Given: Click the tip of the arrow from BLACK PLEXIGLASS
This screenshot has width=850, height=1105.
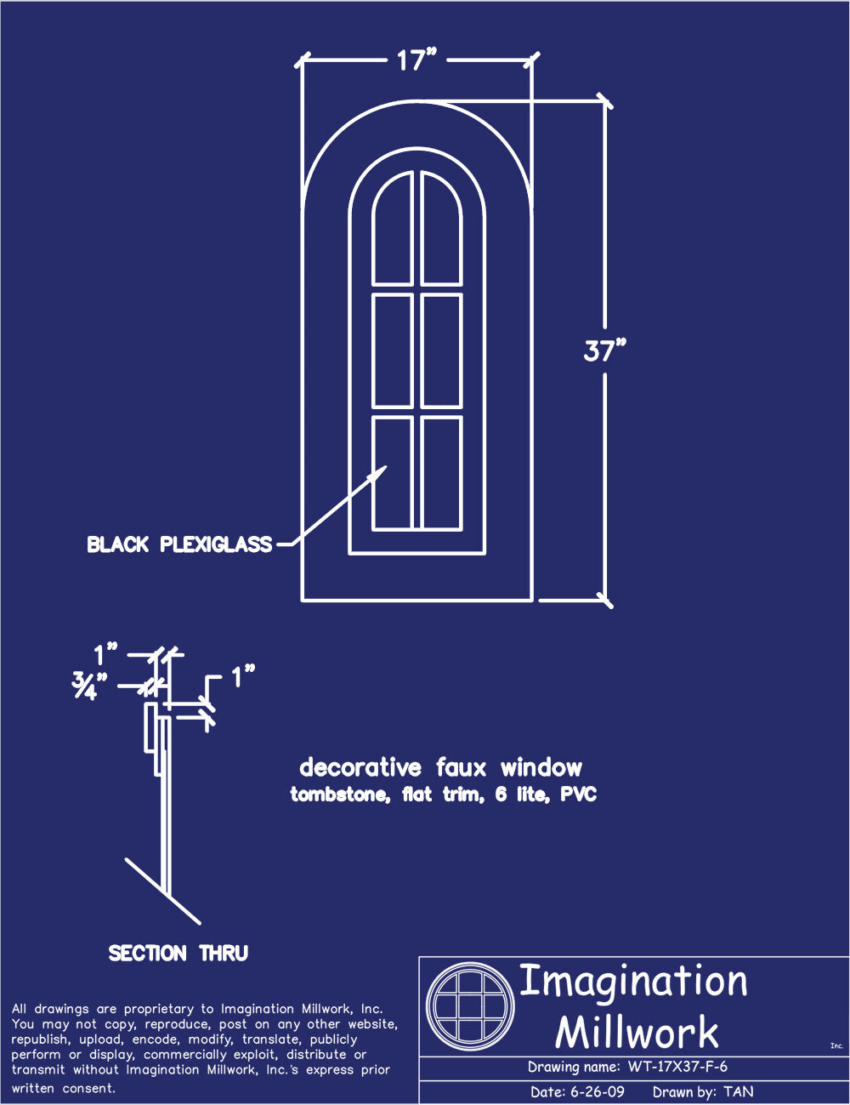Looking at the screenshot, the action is pyautogui.click(x=387, y=466).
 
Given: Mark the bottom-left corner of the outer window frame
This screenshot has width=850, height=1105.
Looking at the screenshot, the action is pyautogui.click(x=303, y=601).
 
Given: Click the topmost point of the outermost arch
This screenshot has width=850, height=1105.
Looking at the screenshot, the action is pyautogui.click(x=416, y=101).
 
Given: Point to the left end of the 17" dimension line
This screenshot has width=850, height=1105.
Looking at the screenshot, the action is pyautogui.click(x=301, y=60).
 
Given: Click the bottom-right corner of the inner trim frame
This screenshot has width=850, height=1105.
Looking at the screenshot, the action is pyautogui.click(x=484, y=553).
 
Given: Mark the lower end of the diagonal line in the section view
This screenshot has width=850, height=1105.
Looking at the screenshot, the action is pyautogui.click(x=199, y=923).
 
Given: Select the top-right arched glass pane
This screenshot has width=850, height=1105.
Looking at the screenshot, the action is pyautogui.click(x=441, y=228).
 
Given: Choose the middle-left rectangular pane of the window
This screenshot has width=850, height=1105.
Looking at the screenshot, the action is pyautogui.click(x=392, y=350).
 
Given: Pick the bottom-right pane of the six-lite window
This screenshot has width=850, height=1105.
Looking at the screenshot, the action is pyautogui.click(x=441, y=474).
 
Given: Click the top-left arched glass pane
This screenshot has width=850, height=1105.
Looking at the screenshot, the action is pyautogui.click(x=392, y=228).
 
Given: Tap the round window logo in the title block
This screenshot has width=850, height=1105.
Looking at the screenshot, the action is pyautogui.click(x=470, y=1005).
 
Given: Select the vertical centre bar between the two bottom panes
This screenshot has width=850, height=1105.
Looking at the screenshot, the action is pyautogui.click(x=417, y=474).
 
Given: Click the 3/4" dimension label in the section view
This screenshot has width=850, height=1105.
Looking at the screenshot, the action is pyautogui.click(x=89, y=686).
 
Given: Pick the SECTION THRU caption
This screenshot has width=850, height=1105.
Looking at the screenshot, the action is pyautogui.click(x=178, y=953).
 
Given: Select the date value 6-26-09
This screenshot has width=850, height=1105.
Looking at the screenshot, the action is pyautogui.click(x=597, y=1091).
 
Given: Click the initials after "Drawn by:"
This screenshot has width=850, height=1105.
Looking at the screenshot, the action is pyautogui.click(x=738, y=1091).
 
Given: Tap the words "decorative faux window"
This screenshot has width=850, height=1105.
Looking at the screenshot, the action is pyautogui.click(x=440, y=767).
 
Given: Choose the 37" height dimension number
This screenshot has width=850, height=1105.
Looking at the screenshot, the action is pyautogui.click(x=604, y=350).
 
